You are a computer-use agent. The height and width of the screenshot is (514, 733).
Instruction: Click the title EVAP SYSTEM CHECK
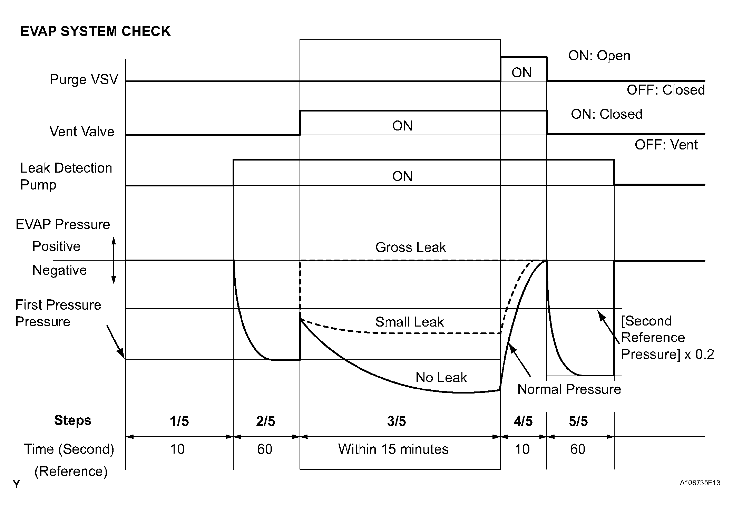click(95, 31)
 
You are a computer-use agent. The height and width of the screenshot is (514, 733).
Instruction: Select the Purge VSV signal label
click(84, 79)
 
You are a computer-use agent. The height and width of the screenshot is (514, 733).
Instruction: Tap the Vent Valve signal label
click(82, 132)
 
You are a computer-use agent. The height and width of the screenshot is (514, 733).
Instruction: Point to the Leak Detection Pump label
click(66, 176)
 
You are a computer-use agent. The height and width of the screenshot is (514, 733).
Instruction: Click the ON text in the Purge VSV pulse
click(521, 72)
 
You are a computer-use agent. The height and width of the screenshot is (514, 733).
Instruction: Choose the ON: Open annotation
click(599, 56)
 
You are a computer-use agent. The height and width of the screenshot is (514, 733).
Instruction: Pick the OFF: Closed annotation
click(666, 90)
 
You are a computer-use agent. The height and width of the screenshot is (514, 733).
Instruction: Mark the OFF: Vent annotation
click(666, 145)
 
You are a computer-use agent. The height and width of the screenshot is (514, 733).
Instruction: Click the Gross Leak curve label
click(410, 247)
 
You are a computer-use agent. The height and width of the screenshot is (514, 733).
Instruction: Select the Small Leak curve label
click(409, 322)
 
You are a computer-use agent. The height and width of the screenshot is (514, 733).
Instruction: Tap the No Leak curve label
click(441, 377)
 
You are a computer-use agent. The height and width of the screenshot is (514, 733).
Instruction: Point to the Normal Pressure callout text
click(569, 389)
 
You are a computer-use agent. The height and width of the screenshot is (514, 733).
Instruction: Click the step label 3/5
click(397, 421)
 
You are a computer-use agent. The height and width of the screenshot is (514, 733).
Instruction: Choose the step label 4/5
click(523, 421)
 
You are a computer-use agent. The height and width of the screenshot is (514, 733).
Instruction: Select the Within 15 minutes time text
click(393, 449)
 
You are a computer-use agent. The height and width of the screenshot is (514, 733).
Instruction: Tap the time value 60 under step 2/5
click(265, 449)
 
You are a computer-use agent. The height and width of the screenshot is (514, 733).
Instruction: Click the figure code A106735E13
click(700, 483)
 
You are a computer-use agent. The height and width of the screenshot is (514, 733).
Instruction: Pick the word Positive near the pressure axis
click(56, 246)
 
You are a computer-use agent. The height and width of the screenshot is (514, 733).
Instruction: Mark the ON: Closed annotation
click(606, 114)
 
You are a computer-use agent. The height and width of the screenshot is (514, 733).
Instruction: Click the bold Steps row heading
click(73, 420)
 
